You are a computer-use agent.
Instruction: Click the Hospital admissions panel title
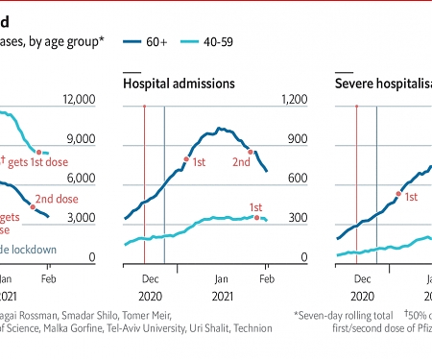coord(179,84)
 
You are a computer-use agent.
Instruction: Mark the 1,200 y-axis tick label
coord(289,101)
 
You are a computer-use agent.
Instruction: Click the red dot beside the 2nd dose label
coord(34,206)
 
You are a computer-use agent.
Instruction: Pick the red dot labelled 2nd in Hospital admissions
coord(251,152)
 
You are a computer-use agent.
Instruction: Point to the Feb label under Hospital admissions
coord(267,276)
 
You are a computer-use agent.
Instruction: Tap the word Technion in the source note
coord(249,327)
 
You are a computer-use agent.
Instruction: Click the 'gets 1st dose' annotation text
coord(48,164)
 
